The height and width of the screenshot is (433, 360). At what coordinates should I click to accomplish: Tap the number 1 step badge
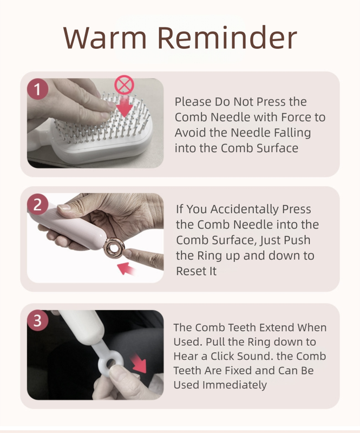[x=37, y=89]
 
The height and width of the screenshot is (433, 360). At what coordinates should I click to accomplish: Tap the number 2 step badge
[x=37, y=205]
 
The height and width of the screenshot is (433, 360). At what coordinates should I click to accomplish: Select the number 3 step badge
[x=37, y=320]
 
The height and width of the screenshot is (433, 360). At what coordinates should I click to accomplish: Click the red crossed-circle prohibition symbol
[x=125, y=86]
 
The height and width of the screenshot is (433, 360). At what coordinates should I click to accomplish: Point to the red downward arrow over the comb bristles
[x=126, y=106]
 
